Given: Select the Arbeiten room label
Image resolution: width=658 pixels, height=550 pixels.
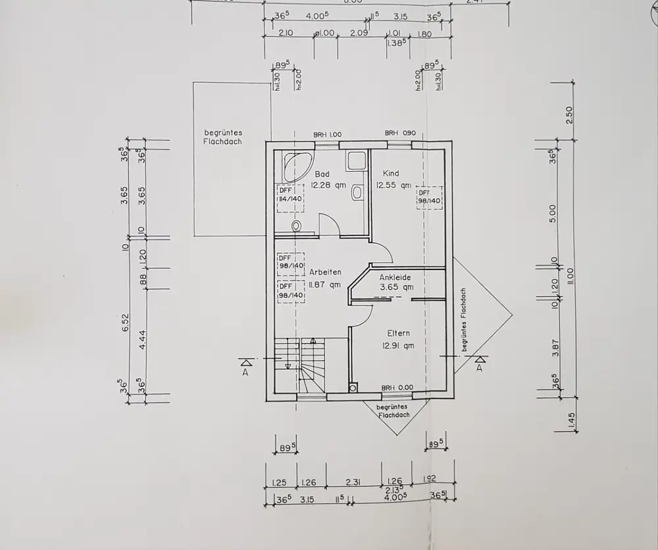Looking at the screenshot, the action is [x=325, y=272].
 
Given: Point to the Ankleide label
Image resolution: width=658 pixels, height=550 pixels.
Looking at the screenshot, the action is [x=395, y=277].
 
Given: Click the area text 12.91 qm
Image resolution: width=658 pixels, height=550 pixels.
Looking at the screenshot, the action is [x=399, y=345].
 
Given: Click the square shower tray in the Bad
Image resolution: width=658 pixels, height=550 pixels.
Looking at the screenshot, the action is [x=357, y=160].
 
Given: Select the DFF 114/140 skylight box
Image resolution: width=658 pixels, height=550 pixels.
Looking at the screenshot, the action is [x=290, y=198].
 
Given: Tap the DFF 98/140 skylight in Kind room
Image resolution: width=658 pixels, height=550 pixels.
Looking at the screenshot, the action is [x=428, y=197].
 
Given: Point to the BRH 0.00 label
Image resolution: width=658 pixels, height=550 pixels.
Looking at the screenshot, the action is [x=397, y=388].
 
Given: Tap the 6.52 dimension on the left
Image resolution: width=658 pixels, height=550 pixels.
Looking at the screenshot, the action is [x=125, y=322].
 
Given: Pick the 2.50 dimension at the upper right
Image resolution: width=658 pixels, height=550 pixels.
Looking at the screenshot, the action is [x=570, y=114].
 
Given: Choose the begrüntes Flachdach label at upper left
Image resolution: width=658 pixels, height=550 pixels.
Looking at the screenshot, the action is [x=223, y=137].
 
